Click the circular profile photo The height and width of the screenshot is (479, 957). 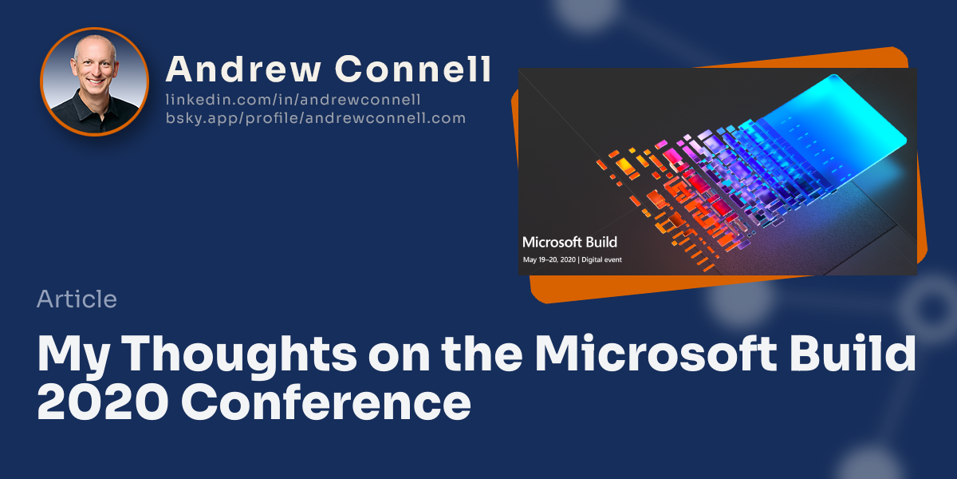tap(94, 81)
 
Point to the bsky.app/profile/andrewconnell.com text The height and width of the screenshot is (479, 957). tap(315, 118)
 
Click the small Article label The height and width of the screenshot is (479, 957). tap(77, 299)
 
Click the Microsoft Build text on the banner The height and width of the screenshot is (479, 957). tap(569, 242)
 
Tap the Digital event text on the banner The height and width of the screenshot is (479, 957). tap(602, 260)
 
